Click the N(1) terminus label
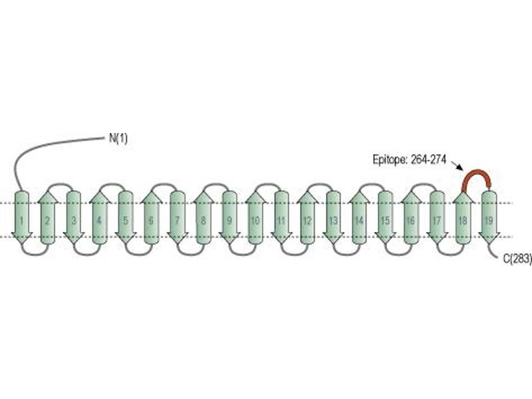(118, 138)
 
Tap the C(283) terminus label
(517, 259)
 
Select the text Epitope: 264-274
(409, 160)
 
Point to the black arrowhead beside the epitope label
(459, 167)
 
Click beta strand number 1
(22, 217)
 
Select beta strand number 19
(489, 217)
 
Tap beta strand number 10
(255, 217)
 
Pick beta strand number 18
(463, 217)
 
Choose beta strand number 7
(178, 217)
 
